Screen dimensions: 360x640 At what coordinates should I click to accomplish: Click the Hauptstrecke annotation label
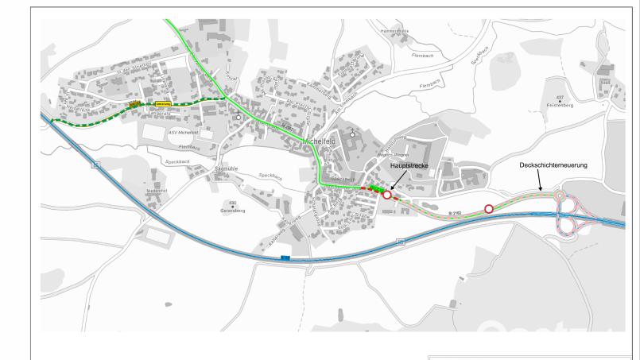(x=410, y=167)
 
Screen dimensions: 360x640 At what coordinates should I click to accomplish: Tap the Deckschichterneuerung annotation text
(x=549, y=165)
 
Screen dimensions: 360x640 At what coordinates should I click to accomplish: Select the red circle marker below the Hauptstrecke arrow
(x=387, y=194)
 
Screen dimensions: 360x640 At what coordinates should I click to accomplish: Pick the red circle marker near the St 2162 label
(x=489, y=209)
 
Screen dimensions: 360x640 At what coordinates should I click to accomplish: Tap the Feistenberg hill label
(x=560, y=104)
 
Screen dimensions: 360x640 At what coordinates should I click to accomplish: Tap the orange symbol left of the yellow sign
(x=135, y=103)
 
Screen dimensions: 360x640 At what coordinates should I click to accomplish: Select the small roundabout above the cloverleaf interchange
(x=560, y=195)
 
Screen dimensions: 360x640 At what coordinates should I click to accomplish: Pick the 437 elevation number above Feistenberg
(x=560, y=98)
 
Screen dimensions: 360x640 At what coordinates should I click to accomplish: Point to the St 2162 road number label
(x=455, y=213)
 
